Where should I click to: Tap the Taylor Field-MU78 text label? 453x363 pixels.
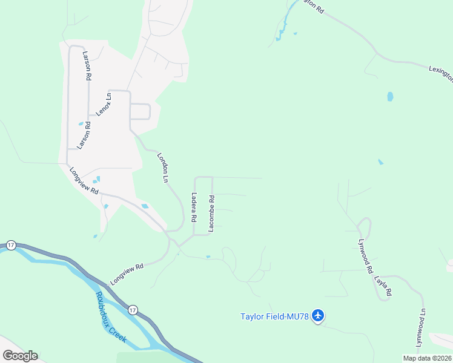275,316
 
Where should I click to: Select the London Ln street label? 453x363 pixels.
163,167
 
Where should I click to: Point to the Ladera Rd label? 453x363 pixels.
194,206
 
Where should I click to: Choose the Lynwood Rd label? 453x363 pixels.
365,256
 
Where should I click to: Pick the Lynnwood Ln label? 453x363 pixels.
418,328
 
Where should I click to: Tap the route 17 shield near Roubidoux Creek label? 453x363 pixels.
133,310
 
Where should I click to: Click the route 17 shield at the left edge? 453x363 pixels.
11,244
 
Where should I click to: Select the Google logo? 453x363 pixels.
20,356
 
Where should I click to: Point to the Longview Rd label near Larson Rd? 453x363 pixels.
84,180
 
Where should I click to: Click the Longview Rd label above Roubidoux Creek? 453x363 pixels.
127,274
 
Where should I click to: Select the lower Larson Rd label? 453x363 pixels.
83,136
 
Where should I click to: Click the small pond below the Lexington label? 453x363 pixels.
390,96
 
